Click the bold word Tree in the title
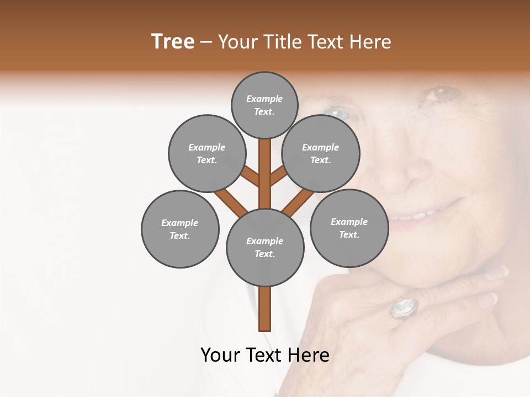[173, 41]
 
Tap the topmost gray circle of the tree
[264, 105]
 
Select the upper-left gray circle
[206, 153]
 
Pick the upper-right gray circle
[320, 153]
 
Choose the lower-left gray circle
[180, 229]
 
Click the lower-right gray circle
[349, 228]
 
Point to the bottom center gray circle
[265, 247]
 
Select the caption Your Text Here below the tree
[265, 355]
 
